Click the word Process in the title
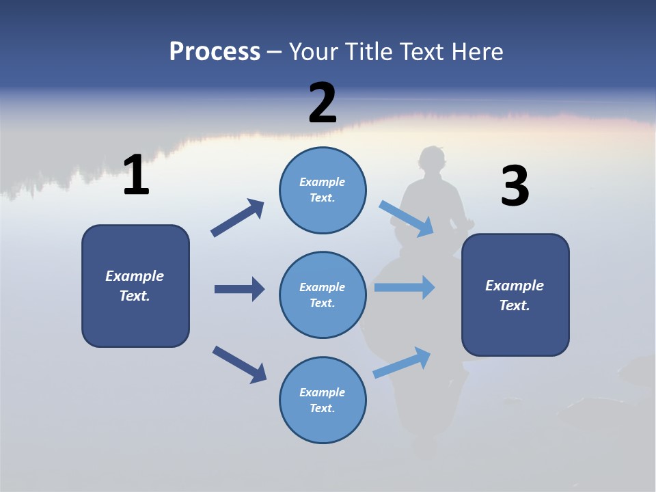pyautogui.click(x=215, y=52)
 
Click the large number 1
pyautogui.click(x=136, y=176)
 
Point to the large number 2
pyautogui.click(x=323, y=104)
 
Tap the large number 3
pyautogui.click(x=515, y=187)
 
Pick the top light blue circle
pyautogui.click(x=323, y=190)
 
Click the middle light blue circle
pyautogui.click(x=323, y=295)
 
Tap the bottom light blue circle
pyautogui.click(x=323, y=400)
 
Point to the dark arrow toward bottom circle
pyautogui.click(x=239, y=364)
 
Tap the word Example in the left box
pyautogui.click(x=135, y=276)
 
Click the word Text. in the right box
pyautogui.click(x=515, y=305)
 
